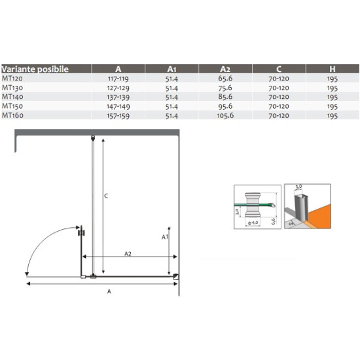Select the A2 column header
(225, 69)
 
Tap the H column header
(333, 69)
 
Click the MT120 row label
(12, 79)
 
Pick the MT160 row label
(12, 115)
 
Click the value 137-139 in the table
(118, 97)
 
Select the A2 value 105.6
(225, 115)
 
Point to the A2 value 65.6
(225, 79)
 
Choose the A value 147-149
(118, 106)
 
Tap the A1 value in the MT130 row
(171, 88)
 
